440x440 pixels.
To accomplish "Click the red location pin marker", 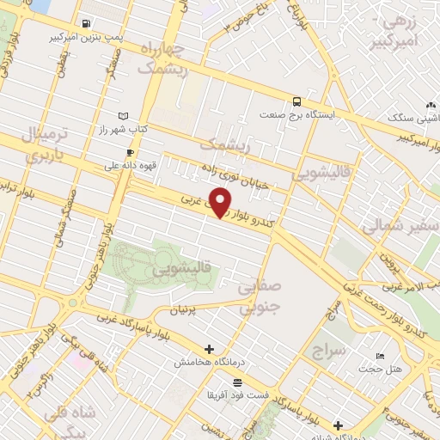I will (221, 203).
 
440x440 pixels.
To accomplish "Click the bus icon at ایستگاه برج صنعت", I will (296, 100).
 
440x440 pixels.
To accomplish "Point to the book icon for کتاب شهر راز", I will (124, 116).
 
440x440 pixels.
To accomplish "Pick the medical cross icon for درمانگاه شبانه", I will (339, 425).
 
